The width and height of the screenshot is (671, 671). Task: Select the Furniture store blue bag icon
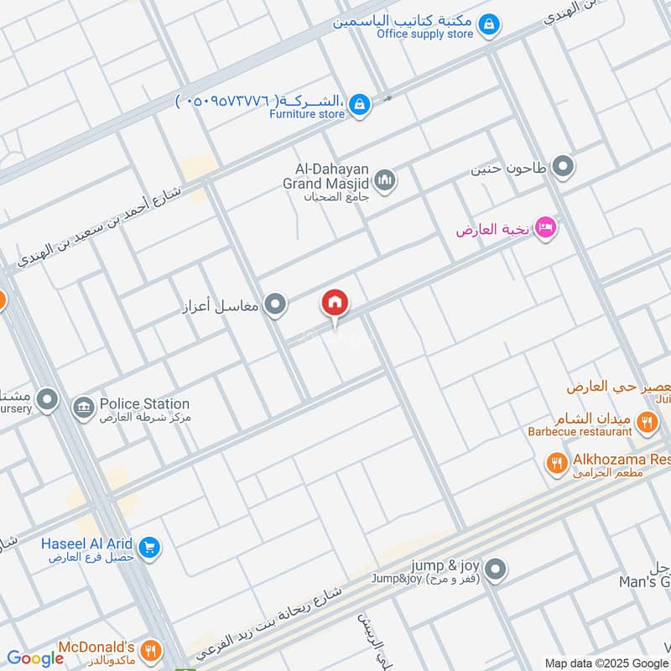(x=359, y=105)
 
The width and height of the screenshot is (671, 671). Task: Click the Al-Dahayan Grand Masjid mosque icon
(x=385, y=180)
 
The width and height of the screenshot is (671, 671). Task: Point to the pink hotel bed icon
(x=545, y=228)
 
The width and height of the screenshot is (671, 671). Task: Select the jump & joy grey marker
(x=496, y=570)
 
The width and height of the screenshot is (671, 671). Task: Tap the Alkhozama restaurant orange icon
(x=556, y=462)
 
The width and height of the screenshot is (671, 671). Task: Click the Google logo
(x=35, y=658)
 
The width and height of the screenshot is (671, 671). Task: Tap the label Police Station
(x=144, y=404)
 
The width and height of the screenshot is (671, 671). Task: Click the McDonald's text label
(x=96, y=648)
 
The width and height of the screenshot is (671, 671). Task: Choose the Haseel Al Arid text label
(x=87, y=544)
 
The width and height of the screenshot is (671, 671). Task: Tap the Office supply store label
(x=425, y=34)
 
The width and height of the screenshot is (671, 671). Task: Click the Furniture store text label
(x=307, y=113)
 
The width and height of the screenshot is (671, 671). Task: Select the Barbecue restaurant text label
(x=580, y=431)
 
